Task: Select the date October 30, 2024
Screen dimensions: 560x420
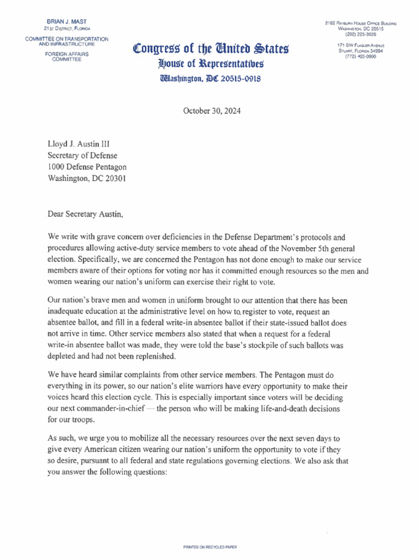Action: [x=212, y=111]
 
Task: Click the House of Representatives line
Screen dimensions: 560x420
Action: [x=210, y=64]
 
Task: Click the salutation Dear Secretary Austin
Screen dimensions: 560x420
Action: [x=86, y=214]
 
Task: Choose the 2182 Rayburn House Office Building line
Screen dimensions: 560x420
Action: [x=360, y=22]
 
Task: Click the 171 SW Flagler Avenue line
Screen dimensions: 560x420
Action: [x=361, y=45]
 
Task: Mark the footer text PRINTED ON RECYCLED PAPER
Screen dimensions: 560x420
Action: [x=210, y=546]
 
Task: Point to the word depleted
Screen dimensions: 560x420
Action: [x=65, y=355]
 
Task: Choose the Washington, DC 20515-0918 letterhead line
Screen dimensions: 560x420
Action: [x=210, y=78]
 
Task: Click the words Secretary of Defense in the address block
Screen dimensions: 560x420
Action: [x=82, y=156]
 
